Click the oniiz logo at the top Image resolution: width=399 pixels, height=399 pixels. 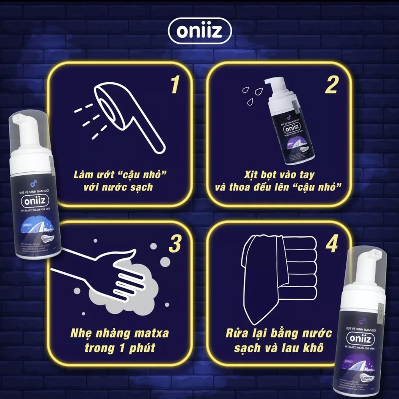coord(199,31)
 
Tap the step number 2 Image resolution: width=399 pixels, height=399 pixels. coord(331,85)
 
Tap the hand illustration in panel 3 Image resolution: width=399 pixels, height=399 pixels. coord(105,273)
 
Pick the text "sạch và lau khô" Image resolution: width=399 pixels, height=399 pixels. coord(278,348)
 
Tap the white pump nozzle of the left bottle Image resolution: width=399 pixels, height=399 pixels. coord(25,129)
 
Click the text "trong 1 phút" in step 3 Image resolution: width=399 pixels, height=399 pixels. coord(120,348)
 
